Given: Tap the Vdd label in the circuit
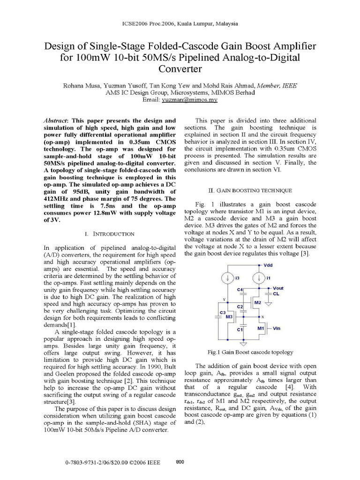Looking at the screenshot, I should click(x=268, y=265).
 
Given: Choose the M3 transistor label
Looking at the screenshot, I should click(x=230, y=317).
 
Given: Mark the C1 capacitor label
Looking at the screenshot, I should click(x=239, y=330).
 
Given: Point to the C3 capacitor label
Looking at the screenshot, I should click(x=223, y=312).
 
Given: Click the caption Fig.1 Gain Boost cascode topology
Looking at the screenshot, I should click(x=250, y=352).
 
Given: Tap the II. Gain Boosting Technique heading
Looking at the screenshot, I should click(x=250, y=190).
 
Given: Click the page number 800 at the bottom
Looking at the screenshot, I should click(x=180, y=462).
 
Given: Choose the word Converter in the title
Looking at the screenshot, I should click(x=180, y=69).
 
